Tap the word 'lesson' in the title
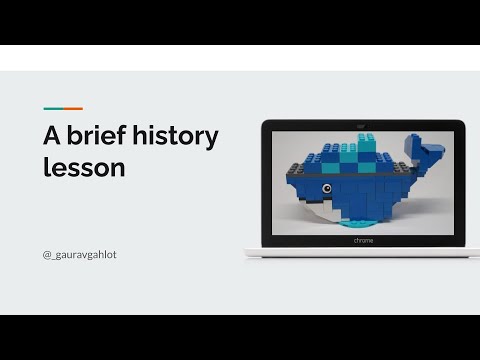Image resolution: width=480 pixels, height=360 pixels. pos(84,167)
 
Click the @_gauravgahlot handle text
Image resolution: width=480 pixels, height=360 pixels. pos(80,255)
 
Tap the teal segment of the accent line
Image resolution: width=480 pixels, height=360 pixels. pos(53,108)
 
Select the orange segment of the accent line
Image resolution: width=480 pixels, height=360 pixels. pos(73,108)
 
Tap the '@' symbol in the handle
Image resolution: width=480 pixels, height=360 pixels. pos(47,255)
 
